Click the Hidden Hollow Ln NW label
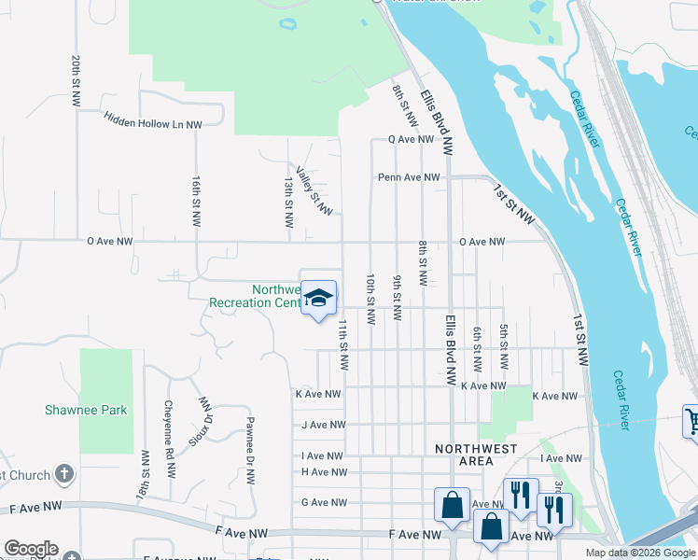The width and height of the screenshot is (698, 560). click(x=153, y=121)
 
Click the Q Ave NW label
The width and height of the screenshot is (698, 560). click(x=411, y=139)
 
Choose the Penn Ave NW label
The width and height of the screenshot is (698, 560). click(x=409, y=177)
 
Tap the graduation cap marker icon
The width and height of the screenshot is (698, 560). click(x=319, y=298)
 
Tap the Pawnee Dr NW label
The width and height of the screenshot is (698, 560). click(x=250, y=451)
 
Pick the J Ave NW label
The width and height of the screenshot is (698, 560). click(x=324, y=425)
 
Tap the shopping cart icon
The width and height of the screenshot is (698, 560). click(x=691, y=421)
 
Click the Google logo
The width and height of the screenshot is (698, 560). click(x=31, y=549)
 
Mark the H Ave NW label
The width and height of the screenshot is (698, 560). click(x=324, y=472)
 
